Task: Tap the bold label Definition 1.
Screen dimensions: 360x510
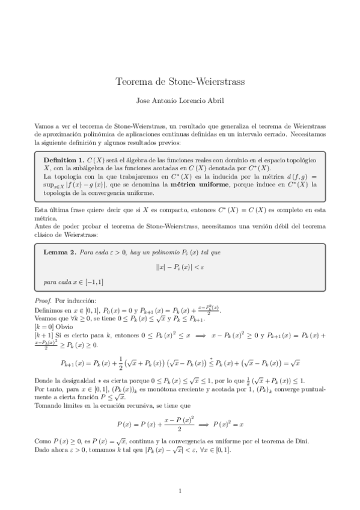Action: [x=64, y=160]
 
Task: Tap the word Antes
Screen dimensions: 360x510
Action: [x=44, y=226]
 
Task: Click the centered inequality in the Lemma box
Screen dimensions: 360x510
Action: [x=180, y=266]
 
